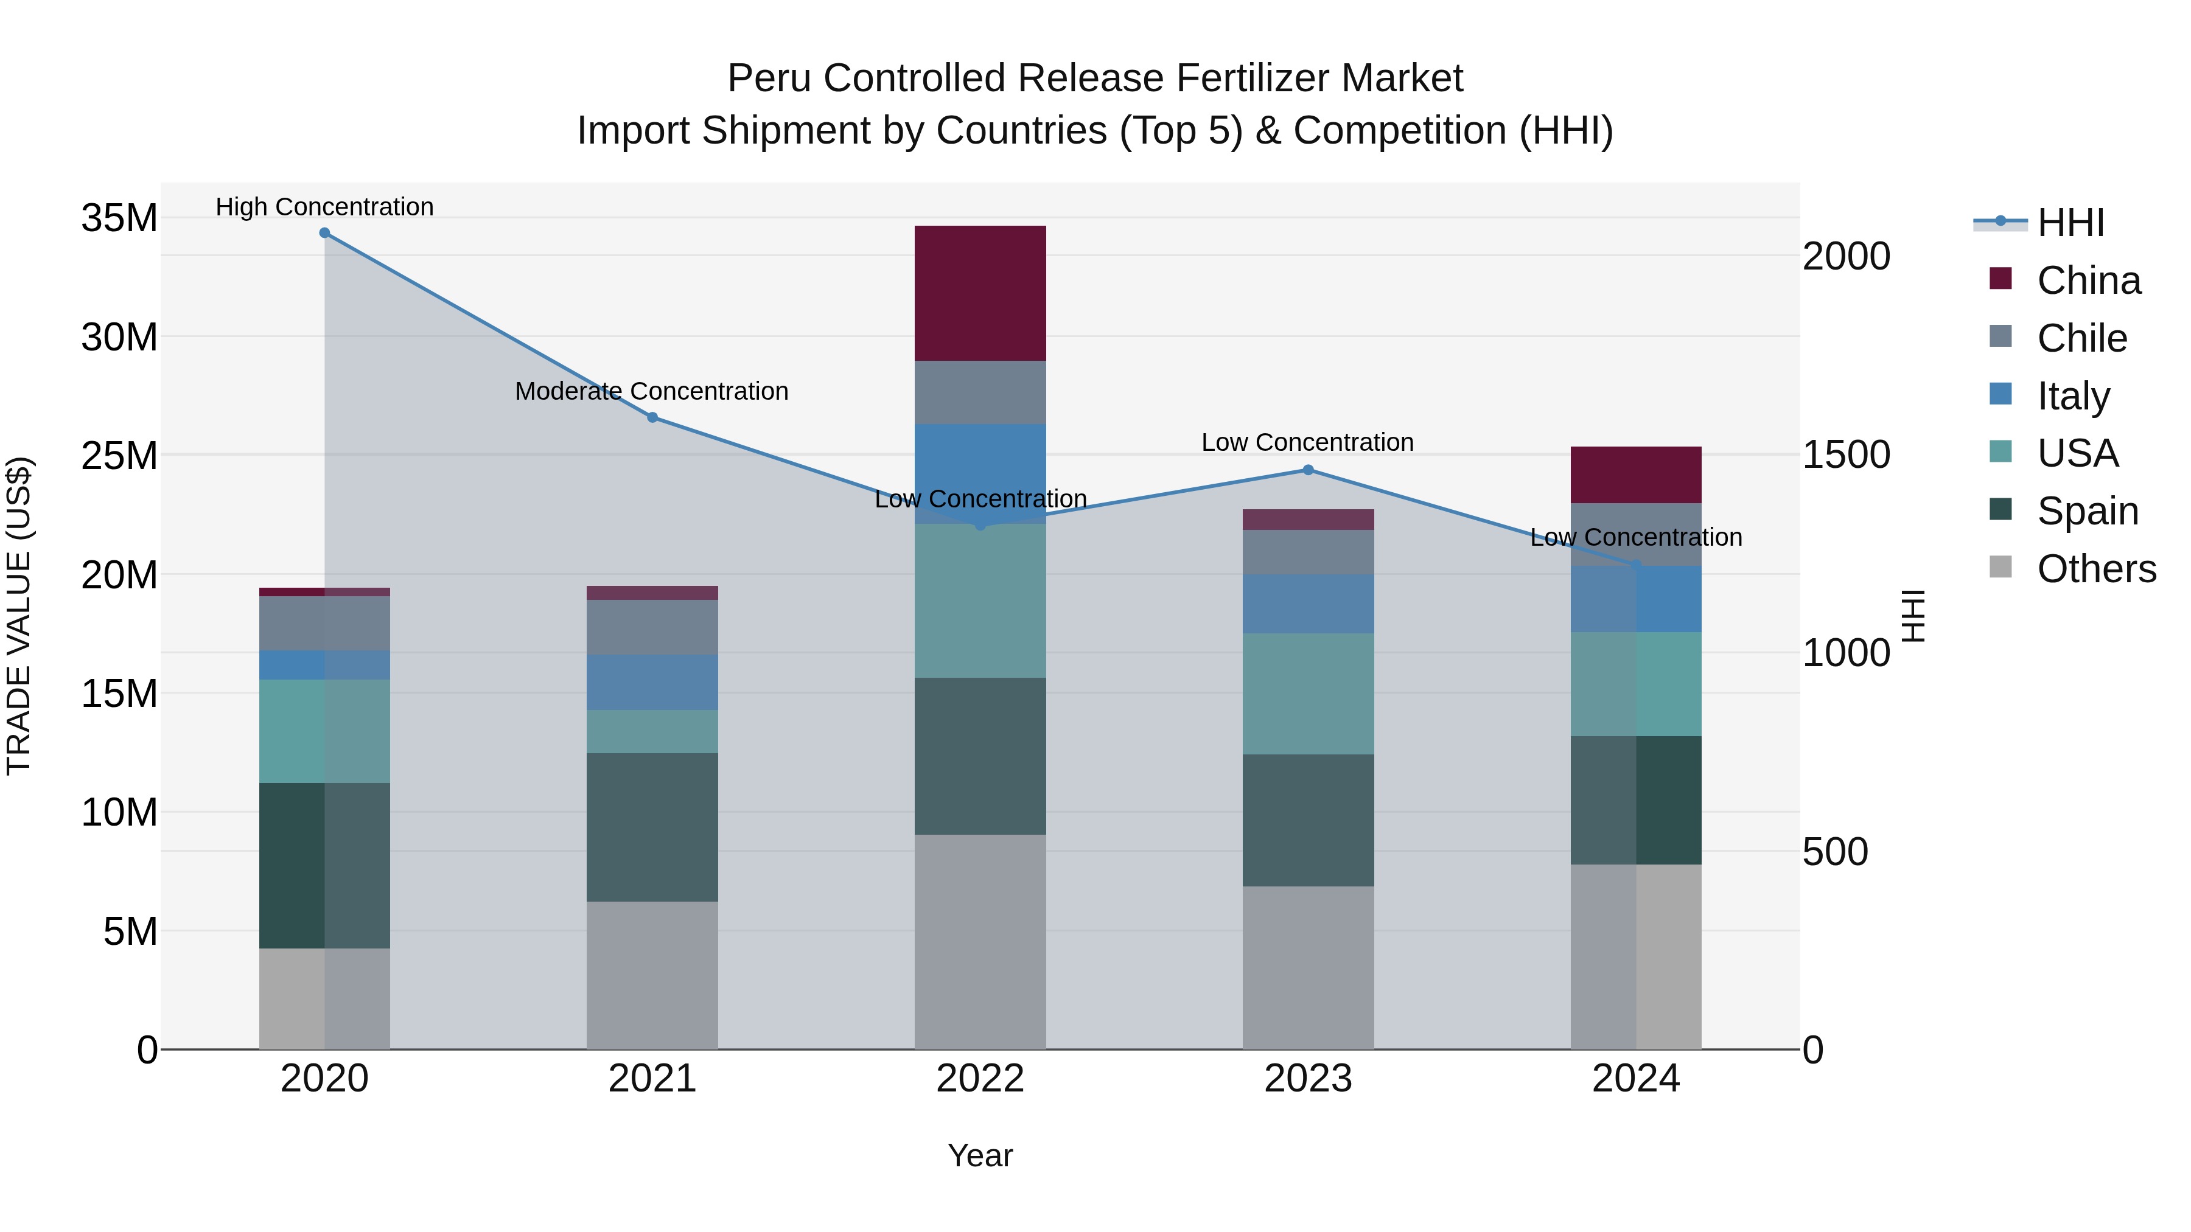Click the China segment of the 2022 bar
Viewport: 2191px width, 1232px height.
pyautogui.click(x=980, y=293)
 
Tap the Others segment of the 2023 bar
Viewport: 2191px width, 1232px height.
pyautogui.click(x=1308, y=967)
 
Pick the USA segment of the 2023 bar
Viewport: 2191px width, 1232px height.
pyautogui.click(x=1308, y=693)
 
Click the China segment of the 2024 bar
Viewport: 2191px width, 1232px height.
pyautogui.click(x=1635, y=475)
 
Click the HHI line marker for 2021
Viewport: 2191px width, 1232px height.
pyautogui.click(x=652, y=417)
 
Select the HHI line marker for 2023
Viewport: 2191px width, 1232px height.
pyautogui.click(x=1308, y=470)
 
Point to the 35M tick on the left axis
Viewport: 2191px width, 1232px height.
pyautogui.click(x=119, y=218)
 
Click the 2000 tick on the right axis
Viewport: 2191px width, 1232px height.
pyautogui.click(x=1847, y=256)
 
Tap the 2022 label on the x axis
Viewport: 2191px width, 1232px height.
pyautogui.click(x=980, y=1079)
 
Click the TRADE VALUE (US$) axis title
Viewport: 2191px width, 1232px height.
pyautogui.click(x=19, y=616)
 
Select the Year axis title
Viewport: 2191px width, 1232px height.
pyautogui.click(x=980, y=1155)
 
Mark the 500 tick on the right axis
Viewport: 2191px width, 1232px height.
pyautogui.click(x=1836, y=852)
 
